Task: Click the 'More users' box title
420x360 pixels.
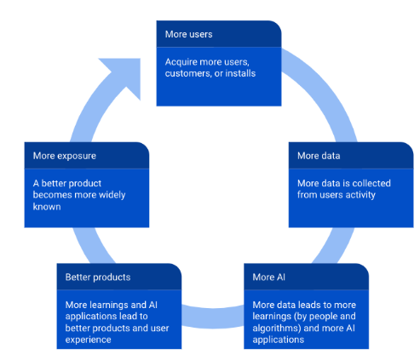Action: tap(188, 35)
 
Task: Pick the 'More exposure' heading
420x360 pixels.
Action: tap(66, 156)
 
